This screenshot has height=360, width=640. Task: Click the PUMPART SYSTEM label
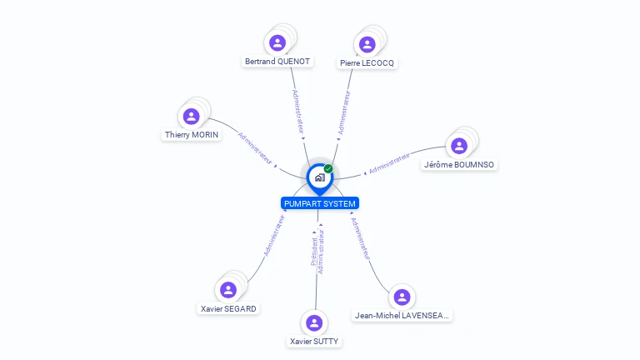click(x=320, y=203)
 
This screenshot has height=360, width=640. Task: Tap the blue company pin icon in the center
click(x=319, y=177)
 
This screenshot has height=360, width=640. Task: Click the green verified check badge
click(x=328, y=168)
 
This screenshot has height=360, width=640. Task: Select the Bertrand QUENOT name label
click(x=277, y=62)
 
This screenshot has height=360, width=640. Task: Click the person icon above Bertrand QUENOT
click(x=277, y=42)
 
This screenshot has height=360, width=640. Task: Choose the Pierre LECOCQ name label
click(x=367, y=63)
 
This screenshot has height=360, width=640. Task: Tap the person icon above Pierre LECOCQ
click(x=367, y=44)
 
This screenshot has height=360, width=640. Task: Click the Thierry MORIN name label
click(x=192, y=135)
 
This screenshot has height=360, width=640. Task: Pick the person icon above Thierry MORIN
click(x=192, y=116)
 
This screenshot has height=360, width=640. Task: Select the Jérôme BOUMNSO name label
click(x=459, y=165)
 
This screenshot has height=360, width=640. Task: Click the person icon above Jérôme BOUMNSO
click(x=459, y=146)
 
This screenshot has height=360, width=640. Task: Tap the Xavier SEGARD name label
click(x=228, y=308)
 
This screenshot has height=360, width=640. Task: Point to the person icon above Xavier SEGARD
click(x=228, y=289)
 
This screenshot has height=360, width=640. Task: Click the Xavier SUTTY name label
click(x=314, y=342)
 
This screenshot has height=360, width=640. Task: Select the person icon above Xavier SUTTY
click(x=314, y=322)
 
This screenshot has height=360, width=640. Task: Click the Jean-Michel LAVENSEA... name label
click(x=402, y=316)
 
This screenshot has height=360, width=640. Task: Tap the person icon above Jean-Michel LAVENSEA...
click(x=402, y=297)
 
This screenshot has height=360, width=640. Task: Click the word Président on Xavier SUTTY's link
click(x=313, y=250)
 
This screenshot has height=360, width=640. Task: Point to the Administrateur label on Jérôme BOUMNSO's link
click(x=389, y=163)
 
